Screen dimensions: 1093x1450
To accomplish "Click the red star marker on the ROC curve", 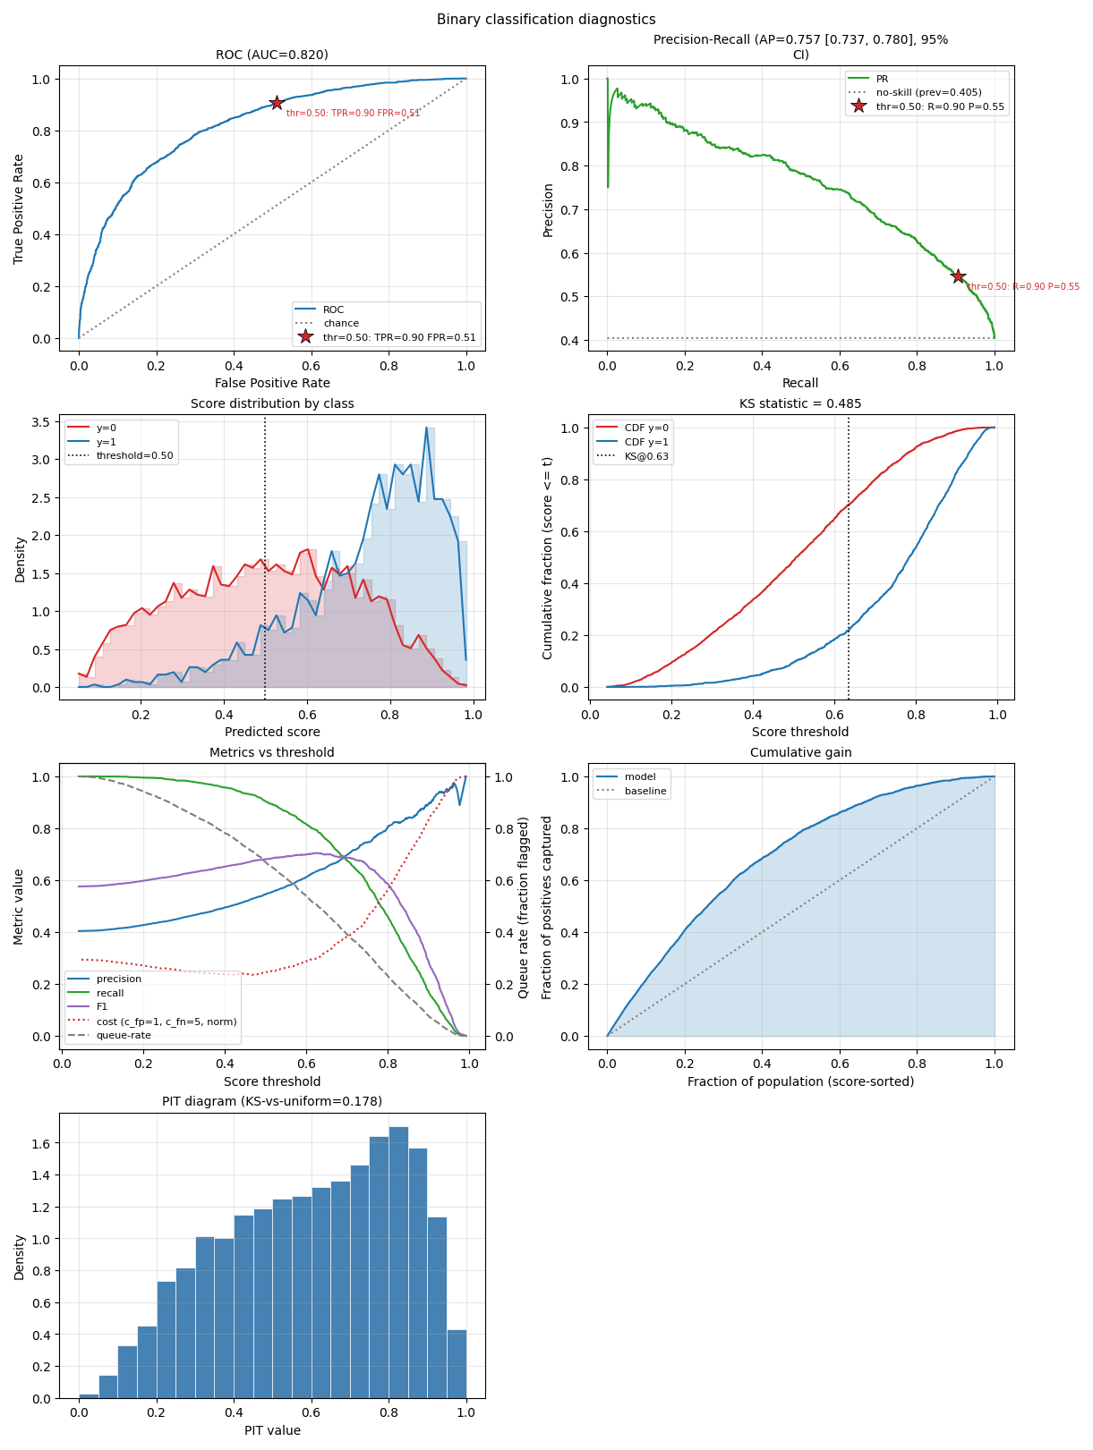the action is (x=277, y=102).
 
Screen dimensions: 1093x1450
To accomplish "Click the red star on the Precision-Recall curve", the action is (x=958, y=276).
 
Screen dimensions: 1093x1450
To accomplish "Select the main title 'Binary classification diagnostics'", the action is (x=546, y=19).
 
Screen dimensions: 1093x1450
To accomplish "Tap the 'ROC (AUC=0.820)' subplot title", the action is (x=271, y=55).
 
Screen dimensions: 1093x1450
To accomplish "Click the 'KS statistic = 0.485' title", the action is (x=799, y=403).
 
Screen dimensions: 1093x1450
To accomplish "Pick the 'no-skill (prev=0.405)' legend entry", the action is (x=928, y=92).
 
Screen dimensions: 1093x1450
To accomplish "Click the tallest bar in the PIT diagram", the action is (x=398, y=1262).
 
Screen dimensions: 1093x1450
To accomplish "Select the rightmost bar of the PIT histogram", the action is (x=457, y=1364).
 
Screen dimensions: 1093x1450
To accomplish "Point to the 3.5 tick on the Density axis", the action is (x=41, y=422).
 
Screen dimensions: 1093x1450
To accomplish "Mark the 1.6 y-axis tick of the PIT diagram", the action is (x=41, y=1143).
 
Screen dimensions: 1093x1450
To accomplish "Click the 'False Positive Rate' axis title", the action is (x=272, y=383).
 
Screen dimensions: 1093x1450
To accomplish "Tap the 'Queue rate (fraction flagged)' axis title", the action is (x=523, y=908).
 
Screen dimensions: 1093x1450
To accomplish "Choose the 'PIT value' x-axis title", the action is (x=272, y=1430).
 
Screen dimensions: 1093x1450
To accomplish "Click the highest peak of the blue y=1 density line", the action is (x=426, y=428).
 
